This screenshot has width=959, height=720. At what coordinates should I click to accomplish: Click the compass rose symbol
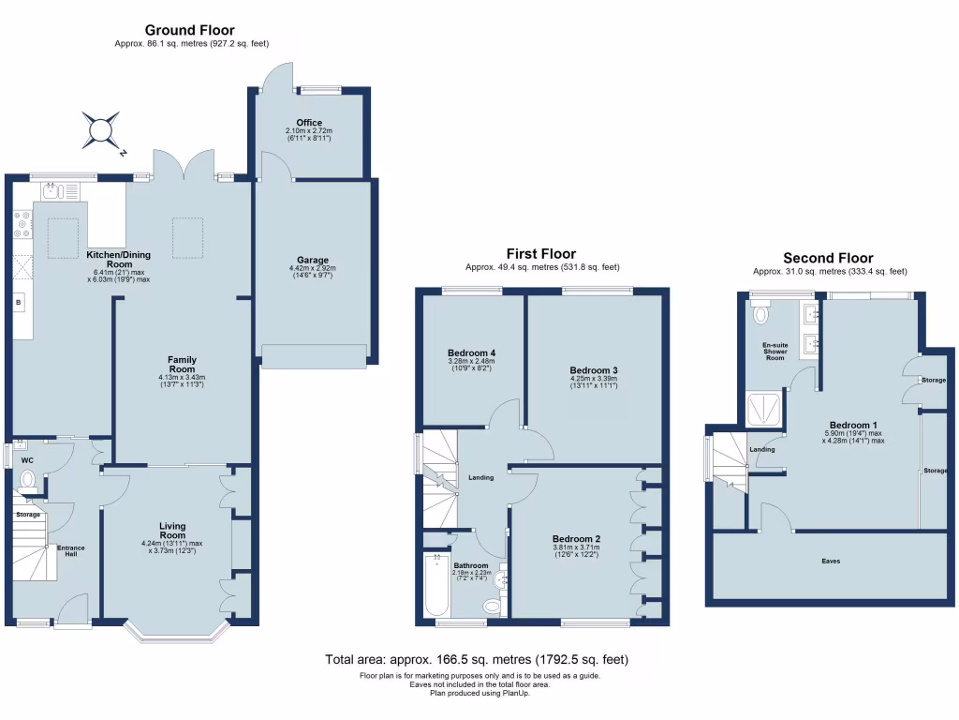pos(100,128)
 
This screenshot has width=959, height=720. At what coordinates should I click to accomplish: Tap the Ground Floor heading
pos(190,31)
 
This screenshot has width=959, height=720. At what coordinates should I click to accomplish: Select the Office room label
pos(309,123)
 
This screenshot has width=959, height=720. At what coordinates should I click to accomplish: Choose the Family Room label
pos(182,360)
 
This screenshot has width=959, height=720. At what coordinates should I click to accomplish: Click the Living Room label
pos(171,535)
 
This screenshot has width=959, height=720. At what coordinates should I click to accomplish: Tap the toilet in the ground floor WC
pos(28,482)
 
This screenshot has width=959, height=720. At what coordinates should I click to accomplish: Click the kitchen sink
pos(56,192)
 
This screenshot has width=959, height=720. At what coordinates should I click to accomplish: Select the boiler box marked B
pos(19,302)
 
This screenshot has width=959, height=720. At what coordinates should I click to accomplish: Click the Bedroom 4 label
pos(470,353)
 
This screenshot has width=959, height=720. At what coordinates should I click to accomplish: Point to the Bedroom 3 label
pos(594,370)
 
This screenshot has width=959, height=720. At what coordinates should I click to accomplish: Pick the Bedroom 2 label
pos(576,539)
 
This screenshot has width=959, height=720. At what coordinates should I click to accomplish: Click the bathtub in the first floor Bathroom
pos(436,585)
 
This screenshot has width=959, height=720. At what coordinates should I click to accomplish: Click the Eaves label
pos(832,562)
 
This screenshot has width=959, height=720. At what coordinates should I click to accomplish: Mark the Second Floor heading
pos(828,258)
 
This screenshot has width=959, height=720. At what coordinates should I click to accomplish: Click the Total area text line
pos(477,660)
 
